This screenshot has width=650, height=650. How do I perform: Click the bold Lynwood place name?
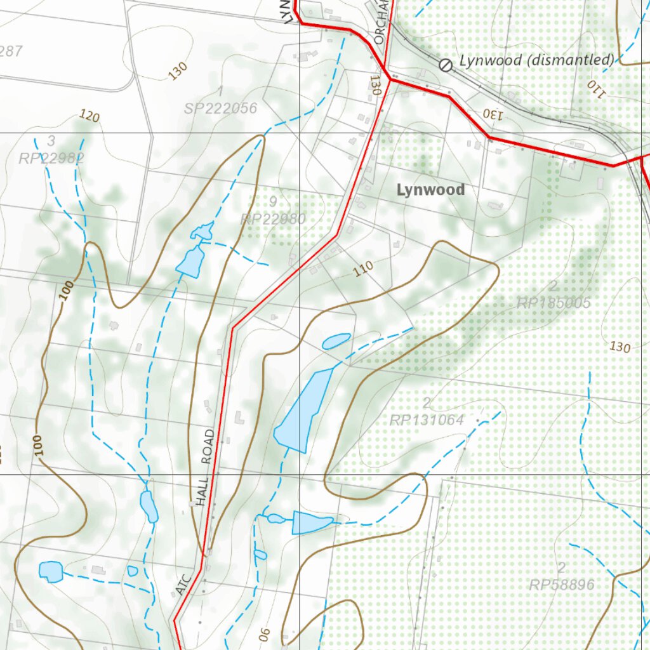click(430, 190)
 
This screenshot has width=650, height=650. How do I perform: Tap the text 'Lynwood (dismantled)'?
click(536, 61)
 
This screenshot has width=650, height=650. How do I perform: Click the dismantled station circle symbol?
click(446, 65)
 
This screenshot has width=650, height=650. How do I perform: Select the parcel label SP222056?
click(221, 109)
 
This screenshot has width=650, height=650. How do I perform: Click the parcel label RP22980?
click(274, 219)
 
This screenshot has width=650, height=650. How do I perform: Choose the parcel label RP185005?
click(554, 303)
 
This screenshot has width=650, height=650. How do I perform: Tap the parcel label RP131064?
click(427, 420)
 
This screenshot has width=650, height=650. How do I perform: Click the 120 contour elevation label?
click(90, 116)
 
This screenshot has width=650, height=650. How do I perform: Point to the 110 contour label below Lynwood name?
click(362, 269)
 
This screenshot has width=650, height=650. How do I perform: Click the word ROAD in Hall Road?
click(208, 448)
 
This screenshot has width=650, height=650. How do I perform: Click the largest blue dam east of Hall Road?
click(305, 409)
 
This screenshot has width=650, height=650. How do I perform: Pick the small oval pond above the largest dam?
click(336, 342)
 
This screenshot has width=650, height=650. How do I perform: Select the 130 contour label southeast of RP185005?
click(620, 347)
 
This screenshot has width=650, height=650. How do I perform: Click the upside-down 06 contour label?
click(264, 633)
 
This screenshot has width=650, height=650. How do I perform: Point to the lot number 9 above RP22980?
click(272, 202)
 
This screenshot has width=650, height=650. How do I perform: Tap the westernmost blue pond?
click(51, 571)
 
